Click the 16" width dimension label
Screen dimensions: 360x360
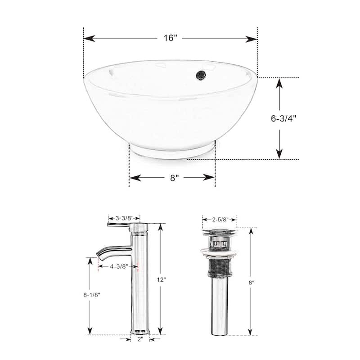point(170,38)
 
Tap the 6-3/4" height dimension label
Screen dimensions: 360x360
point(283,119)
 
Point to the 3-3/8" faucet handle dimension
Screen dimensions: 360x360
point(124,219)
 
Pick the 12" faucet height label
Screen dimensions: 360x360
point(162,279)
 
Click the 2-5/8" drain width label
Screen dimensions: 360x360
point(219,220)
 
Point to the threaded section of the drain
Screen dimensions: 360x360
point(219,270)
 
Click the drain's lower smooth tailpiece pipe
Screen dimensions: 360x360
point(219,310)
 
